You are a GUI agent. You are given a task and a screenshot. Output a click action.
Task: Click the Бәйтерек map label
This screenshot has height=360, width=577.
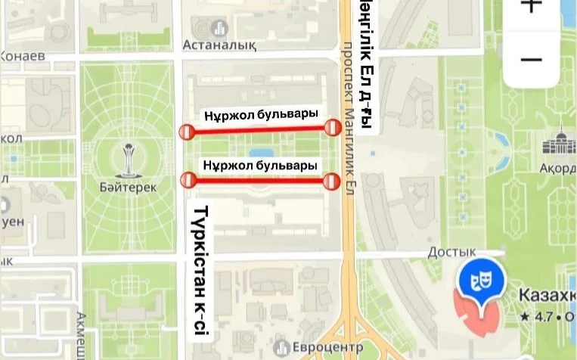(x=128, y=187)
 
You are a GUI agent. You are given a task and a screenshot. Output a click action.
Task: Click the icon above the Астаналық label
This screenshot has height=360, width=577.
(x=220, y=28)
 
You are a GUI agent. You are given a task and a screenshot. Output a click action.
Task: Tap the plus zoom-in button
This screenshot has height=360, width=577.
(x=532, y=6)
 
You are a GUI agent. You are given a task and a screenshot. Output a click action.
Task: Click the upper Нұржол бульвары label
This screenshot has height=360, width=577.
(x=259, y=115)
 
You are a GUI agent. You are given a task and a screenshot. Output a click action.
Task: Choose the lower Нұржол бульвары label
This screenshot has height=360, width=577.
(x=259, y=165)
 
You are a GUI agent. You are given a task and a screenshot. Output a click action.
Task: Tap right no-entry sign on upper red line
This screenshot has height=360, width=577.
(x=331, y=127)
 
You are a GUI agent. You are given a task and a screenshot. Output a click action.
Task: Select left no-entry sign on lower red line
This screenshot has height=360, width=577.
(x=188, y=180)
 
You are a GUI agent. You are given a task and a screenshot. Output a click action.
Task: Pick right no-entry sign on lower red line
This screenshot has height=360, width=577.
(x=331, y=181)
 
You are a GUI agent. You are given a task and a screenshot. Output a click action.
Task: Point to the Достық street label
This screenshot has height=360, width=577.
(x=452, y=252)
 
